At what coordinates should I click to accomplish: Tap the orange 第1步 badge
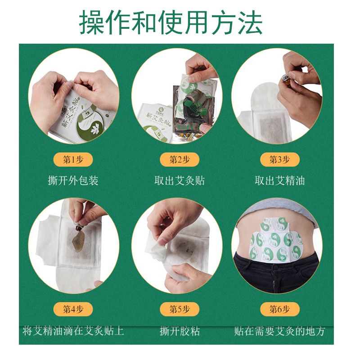coord(73,159)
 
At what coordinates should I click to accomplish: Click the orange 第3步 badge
coord(279,159)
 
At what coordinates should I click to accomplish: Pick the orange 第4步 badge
coord(73,309)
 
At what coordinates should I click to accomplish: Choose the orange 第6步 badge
coord(279,309)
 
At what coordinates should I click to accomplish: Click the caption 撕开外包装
coord(73,181)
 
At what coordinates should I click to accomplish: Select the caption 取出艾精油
coord(279,181)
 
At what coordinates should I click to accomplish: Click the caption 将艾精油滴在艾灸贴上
coord(73,332)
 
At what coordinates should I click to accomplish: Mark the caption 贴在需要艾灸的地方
coord(279,332)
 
